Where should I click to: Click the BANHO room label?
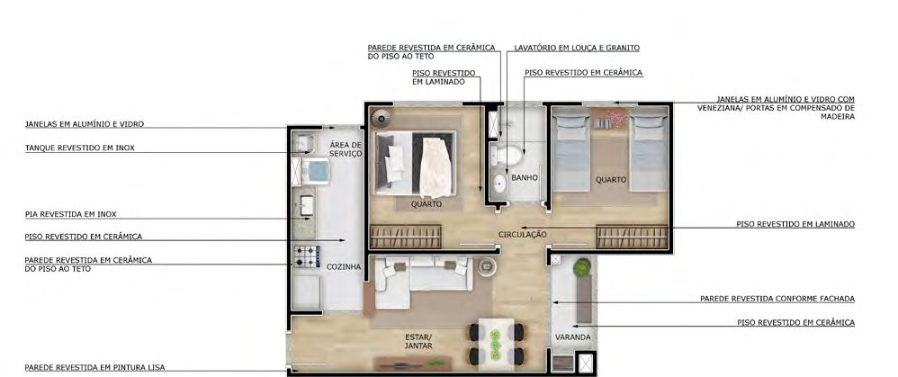pos(524,178)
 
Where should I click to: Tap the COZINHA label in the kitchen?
pos(344,267)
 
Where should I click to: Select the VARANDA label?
pos(572,337)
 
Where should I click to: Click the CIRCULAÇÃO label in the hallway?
pos(522,234)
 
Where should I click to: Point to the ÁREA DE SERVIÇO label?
pos(346,149)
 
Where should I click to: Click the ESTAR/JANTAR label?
pos(418,342)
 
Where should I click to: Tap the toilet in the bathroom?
pos(507,155)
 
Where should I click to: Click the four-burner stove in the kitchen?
pos(307,256)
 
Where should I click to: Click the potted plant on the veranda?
pos(582,267)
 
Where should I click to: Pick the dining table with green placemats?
pos(496,341)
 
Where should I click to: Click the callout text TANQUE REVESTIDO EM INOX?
pos(79,148)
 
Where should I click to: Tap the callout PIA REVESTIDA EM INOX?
pos(70,214)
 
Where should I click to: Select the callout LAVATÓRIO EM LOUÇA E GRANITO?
pos(577,48)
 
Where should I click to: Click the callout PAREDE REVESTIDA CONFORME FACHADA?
pos(777,299)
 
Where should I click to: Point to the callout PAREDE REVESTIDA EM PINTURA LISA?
pos(94,367)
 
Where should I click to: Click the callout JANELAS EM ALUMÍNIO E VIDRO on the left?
pos(85,124)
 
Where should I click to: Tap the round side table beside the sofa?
pos(487,266)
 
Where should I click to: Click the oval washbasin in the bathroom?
pos(498,184)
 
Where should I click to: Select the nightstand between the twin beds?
pos(609,120)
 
